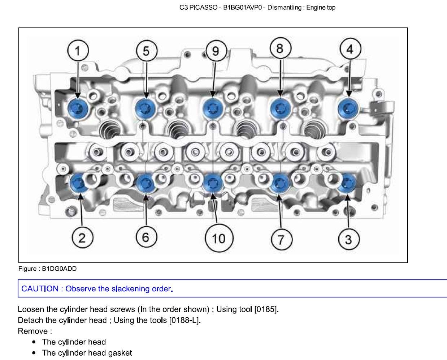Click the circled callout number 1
tap(78, 51)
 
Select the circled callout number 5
tap(146, 51)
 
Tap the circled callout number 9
tap(216, 51)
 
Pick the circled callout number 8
tap(280, 48)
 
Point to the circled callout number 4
tap(350, 49)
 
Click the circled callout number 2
tap(82, 238)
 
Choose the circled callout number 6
tap(146, 237)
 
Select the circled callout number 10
tap(219, 239)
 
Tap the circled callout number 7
tap(281, 239)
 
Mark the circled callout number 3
tap(348, 239)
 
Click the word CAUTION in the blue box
tap(40, 289)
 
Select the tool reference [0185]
tap(266, 309)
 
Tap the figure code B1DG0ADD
tap(59, 269)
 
